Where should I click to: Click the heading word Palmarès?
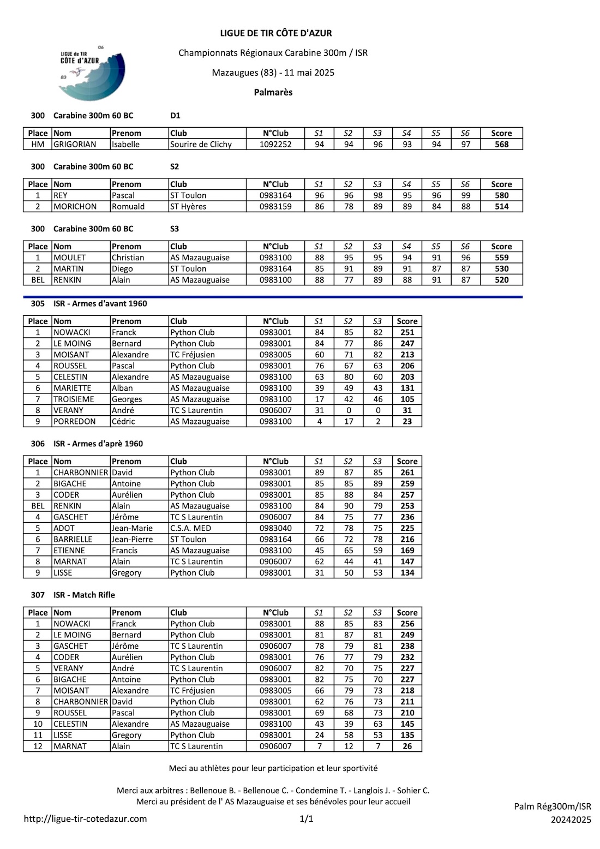(x=273, y=92)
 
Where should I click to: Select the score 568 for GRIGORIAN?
(x=501, y=145)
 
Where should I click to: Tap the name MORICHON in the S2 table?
(x=75, y=207)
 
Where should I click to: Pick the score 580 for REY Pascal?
(x=501, y=195)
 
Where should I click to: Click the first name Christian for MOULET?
(x=128, y=258)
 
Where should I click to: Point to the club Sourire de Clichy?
(x=201, y=145)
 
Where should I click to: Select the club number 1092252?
(x=275, y=145)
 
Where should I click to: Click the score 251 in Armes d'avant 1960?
(x=407, y=332)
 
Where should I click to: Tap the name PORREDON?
(x=75, y=421)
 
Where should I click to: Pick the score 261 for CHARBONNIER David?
(x=407, y=473)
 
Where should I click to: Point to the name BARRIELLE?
(x=73, y=539)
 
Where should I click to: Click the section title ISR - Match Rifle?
(x=84, y=595)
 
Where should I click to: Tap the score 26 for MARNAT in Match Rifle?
(x=407, y=746)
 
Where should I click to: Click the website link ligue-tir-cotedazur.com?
(x=85, y=818)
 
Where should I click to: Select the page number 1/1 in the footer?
(x=307, y=818)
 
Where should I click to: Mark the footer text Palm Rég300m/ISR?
(x=552, y=806)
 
